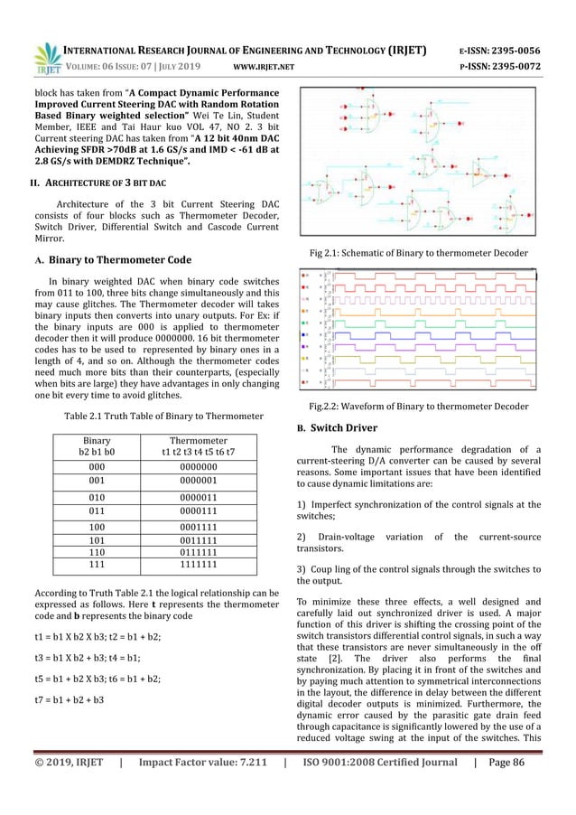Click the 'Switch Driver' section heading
pos(352,426)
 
